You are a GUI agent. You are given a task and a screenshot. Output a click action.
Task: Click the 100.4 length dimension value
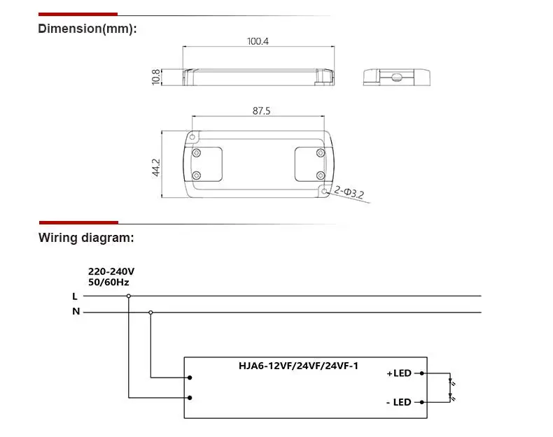[258, 41]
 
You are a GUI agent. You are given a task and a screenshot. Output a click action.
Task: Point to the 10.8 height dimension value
[156, 77]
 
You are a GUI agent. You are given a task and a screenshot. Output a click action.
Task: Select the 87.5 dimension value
[261, 111]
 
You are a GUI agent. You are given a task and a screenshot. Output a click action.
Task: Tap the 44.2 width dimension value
[156, 168]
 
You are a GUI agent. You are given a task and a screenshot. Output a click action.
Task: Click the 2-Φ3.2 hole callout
[349, 192]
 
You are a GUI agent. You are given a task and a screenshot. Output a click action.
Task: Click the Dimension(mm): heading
[87, 29]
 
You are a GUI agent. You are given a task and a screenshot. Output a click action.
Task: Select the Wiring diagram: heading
[86, 238]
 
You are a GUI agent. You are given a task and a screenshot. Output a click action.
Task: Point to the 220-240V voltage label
[111, 271]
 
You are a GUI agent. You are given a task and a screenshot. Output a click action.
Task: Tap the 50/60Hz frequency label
[108, 282]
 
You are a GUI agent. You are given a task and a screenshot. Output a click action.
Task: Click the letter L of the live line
[75, 296]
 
